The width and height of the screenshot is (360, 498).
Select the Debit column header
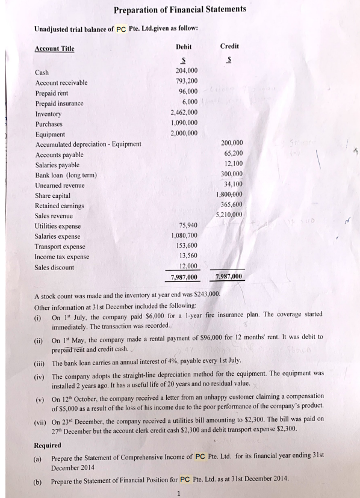[184, 46]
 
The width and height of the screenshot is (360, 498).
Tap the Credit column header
[229, 46]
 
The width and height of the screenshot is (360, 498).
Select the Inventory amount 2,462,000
[183, 113]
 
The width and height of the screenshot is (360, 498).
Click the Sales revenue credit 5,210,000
[228, 215]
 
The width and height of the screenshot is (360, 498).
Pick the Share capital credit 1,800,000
[228, 194]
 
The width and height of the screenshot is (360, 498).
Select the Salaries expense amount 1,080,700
[183, 236]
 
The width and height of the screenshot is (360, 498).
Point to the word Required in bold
[48, 446]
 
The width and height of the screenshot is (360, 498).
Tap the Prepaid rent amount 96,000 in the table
[185, 93]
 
